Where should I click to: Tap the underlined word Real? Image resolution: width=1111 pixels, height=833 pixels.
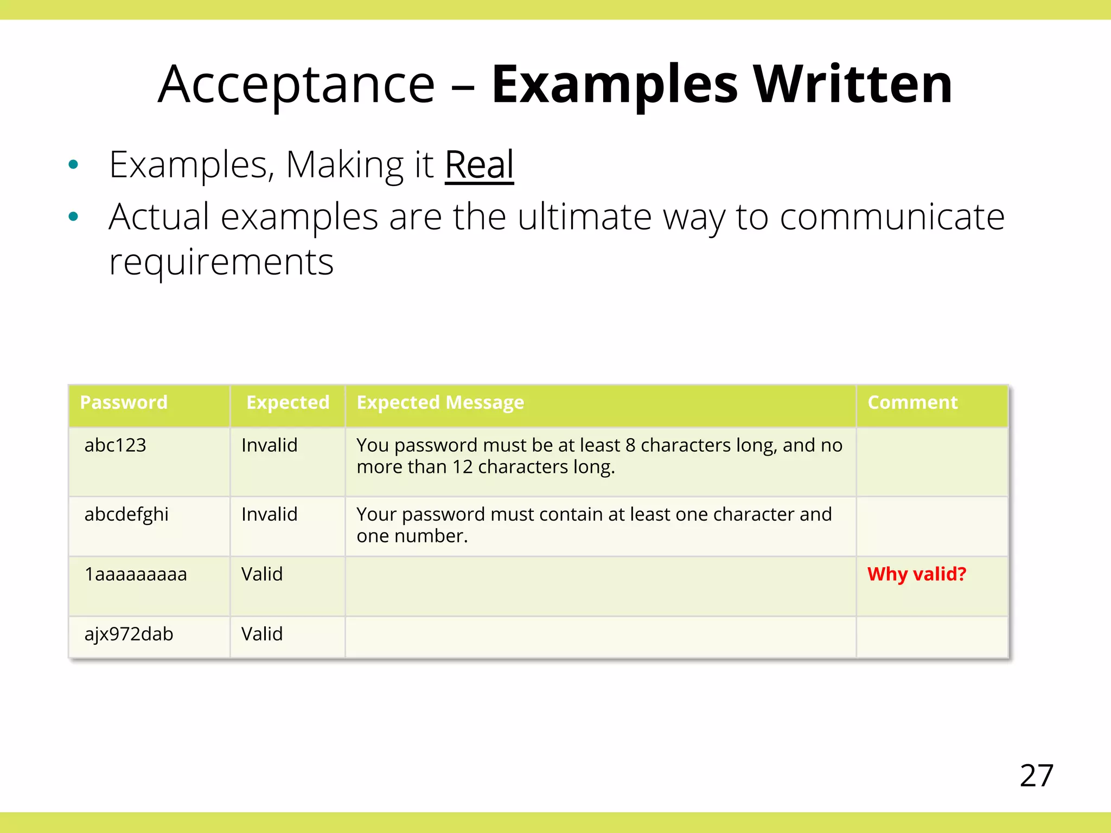[479, 165]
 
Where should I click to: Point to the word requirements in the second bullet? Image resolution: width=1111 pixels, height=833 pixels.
[221, 262]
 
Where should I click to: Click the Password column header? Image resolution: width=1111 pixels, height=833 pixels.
[124, 403]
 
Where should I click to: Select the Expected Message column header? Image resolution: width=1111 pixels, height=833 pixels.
[440, 403]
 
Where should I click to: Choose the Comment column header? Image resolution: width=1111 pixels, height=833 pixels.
[912, 403]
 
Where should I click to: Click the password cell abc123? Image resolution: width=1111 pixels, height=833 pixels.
[116, 446]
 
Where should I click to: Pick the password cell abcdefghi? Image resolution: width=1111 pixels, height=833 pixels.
[126, 515]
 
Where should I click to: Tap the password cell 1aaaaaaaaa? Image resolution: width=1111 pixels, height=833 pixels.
[136, 574]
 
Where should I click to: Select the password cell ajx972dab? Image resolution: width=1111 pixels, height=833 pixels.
[129, 634]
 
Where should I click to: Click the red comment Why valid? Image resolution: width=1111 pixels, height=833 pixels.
[917, 574]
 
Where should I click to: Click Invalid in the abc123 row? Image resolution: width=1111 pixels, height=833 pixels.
[269, 446]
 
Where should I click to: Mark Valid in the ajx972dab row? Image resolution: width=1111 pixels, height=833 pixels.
[262, 634]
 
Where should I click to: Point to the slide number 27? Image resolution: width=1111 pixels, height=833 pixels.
[1036, 776]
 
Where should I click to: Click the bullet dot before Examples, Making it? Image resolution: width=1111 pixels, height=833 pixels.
[74, 164]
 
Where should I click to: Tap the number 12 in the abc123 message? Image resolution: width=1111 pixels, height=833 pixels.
[463, 467]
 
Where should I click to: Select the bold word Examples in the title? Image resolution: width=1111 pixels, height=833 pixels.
[615, 85]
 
